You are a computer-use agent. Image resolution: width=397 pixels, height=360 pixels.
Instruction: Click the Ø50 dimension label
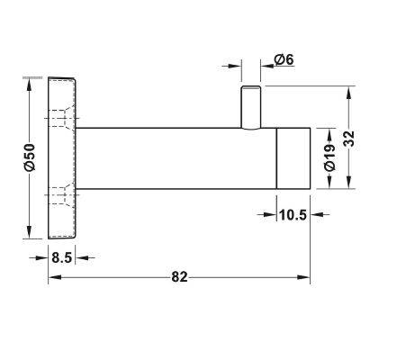(x=28, y=157)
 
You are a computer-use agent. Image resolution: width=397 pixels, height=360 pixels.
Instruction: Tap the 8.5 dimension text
(x=62, y=256)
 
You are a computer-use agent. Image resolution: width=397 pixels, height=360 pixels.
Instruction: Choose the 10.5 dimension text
(x=291, y=216)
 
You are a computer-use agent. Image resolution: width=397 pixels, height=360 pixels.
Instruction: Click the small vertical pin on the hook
(x=251, y=107)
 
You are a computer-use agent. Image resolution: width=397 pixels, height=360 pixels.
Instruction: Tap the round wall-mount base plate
(x=62, y=157)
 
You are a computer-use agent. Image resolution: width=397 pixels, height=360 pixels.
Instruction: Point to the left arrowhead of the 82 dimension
(x=52, y=277)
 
